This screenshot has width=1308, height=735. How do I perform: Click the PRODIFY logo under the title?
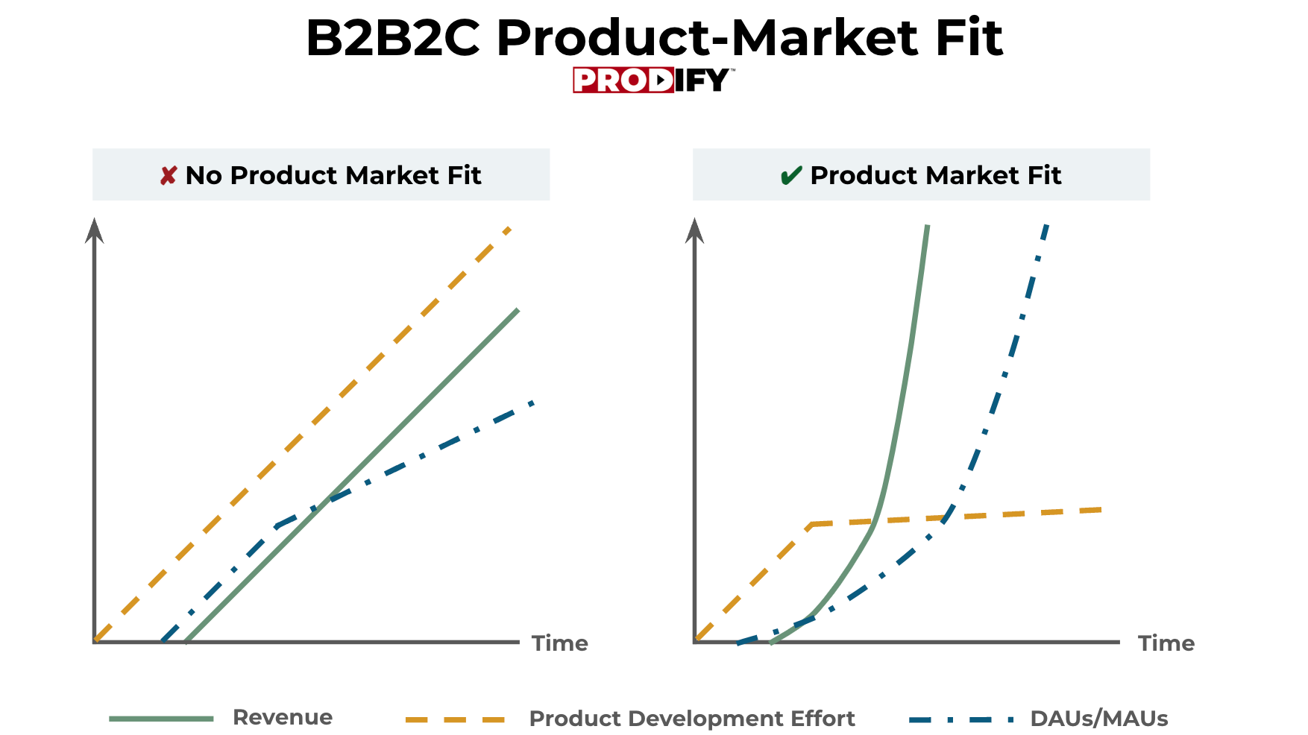click(x=653, y=80)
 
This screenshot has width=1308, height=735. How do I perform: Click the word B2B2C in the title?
click(x=393, y=37)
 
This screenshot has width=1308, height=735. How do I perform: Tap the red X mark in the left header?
click(x=169, y=176)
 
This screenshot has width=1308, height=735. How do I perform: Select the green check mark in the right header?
click(x=790, y=176)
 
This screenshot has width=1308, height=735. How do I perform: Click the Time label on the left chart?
click(x=559, y=643)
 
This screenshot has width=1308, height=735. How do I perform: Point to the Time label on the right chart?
click(x=1166, y=643)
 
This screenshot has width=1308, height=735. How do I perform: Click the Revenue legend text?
click(x=283, y=717)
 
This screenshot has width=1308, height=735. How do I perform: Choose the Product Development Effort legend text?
click(x=692, y=719)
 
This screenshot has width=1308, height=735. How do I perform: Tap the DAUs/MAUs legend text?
click(x=1099, y=719)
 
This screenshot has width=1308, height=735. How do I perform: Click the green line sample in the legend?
click(x=161, y=719)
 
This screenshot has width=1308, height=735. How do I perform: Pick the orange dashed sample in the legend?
click(x=455, y=720)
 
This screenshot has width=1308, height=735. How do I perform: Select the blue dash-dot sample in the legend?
click(x=962, y=720)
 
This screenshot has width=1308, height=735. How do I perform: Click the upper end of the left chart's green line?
click(x=517, y=309)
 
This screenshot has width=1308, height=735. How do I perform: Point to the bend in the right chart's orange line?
click(x=811, y=525)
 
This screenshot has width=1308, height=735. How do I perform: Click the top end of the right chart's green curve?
click(x=927, y=226)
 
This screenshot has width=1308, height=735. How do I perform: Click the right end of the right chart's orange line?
click(x=1101, y=510)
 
